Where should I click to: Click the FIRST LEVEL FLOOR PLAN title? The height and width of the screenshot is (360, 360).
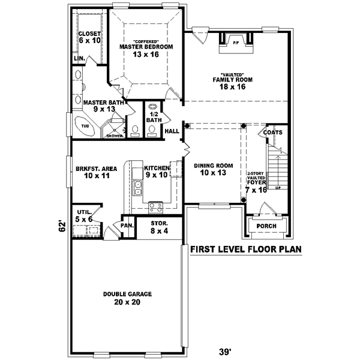(245, 250)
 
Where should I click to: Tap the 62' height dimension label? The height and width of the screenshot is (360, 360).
(61, 227)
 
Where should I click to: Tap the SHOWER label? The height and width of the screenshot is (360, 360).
(115, 136)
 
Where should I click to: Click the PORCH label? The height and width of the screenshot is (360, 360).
(265, 226)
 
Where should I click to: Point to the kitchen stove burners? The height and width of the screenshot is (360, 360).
(156, 207)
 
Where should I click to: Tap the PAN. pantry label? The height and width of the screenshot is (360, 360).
(126, 226)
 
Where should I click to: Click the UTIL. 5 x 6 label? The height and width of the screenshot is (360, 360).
(83, 216)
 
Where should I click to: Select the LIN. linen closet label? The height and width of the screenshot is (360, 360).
(78, 59)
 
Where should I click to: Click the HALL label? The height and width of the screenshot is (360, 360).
(172, 131)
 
